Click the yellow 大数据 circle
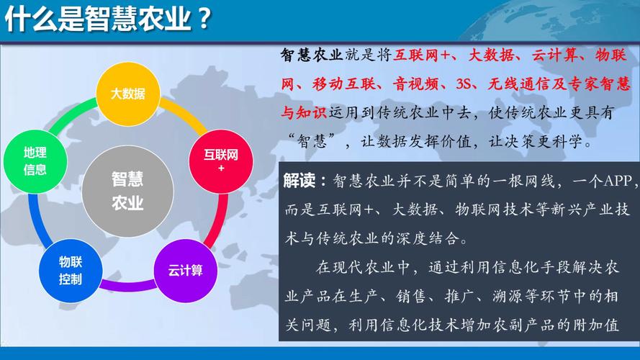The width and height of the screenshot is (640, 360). tap(127, 94)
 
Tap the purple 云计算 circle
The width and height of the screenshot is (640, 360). tap(186, 271)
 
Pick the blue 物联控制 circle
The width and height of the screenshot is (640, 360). tap(70, 271)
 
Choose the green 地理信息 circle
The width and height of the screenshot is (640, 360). tap(35, 161)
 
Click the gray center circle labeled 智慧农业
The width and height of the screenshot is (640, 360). tap(127, 191)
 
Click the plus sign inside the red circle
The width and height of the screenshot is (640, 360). tap(221, 168)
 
